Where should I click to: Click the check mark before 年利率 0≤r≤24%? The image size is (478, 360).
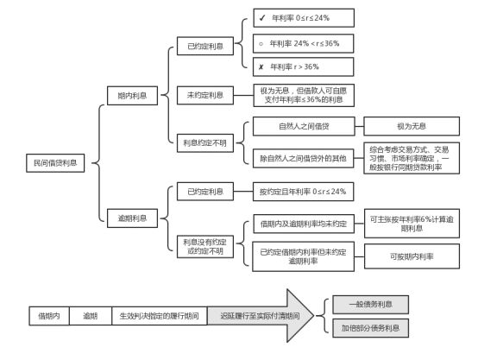(x=261, y=17)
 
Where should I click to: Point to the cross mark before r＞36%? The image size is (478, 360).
(x=261, y=66)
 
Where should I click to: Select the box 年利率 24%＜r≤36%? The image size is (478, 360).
(x=303, y=42)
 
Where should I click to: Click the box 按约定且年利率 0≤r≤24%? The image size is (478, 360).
(x=302, y=192)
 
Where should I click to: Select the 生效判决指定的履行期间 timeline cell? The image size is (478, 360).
(x=160, y=316)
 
